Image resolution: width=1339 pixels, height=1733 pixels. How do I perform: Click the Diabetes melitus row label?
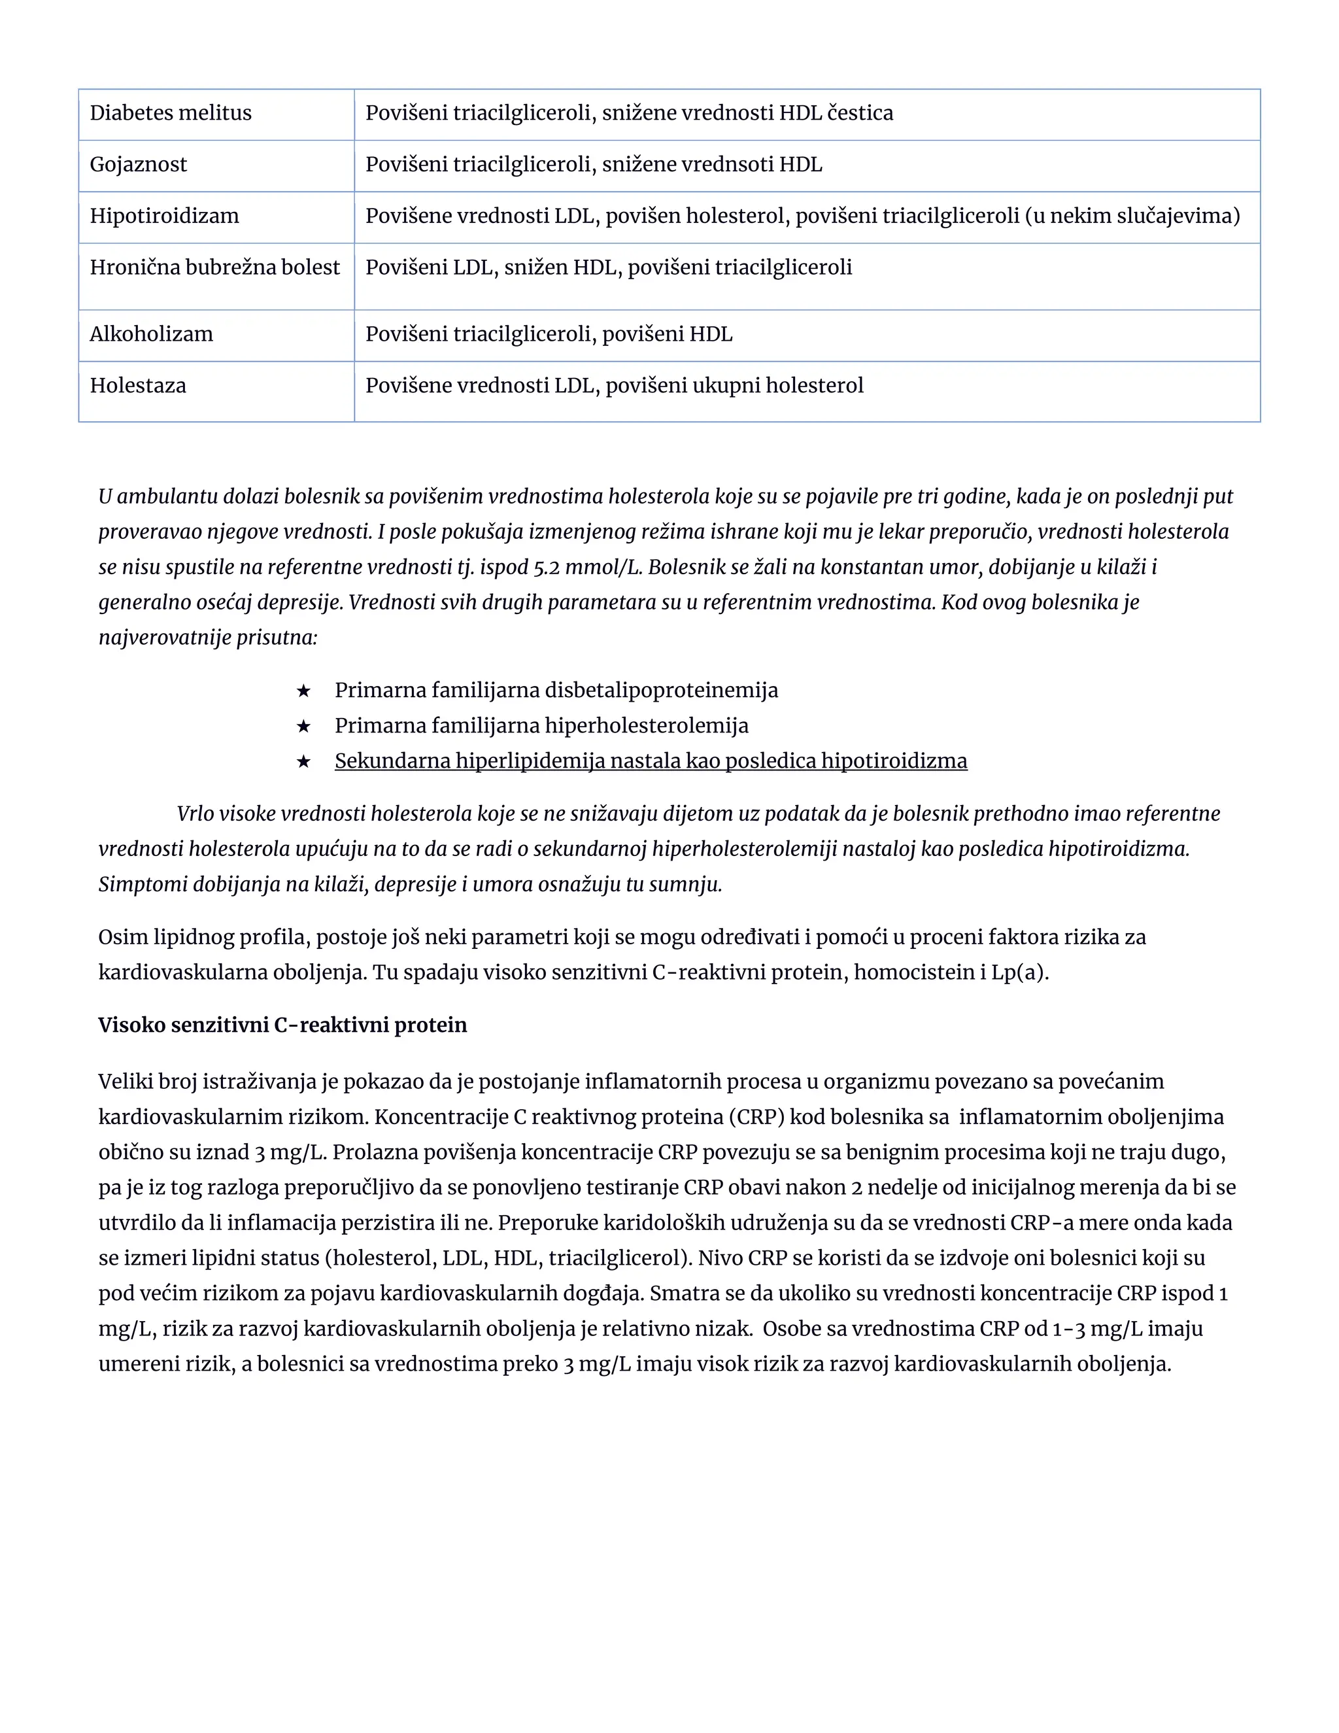[x=171, y=114]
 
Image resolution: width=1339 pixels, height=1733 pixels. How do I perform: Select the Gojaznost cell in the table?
[x=138, y=165]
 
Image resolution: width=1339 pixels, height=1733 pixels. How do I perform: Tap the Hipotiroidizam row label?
[x=164, y=216]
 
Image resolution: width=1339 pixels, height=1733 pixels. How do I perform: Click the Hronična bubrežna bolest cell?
[x=214, y=267]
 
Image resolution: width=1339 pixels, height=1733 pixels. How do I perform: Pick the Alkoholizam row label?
[x=152, y=334]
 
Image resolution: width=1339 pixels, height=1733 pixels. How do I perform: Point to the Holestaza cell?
[x=138, y=386]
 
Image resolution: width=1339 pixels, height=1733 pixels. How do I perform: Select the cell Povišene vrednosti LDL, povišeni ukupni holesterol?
[x=614, y=386]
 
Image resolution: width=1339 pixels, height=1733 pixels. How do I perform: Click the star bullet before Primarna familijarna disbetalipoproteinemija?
[x=303, y=691]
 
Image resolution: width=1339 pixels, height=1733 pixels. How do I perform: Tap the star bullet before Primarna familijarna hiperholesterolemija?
[x=303, y=726]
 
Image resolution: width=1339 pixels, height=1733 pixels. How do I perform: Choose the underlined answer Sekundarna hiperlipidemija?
[x=651, y=761]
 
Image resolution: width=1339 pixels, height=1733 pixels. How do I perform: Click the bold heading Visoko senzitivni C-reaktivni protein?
[x=282, y=1025]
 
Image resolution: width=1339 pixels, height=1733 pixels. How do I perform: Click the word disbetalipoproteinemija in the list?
[x=662, y=691]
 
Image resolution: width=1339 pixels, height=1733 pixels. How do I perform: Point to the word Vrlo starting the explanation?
[x=195, y=814]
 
